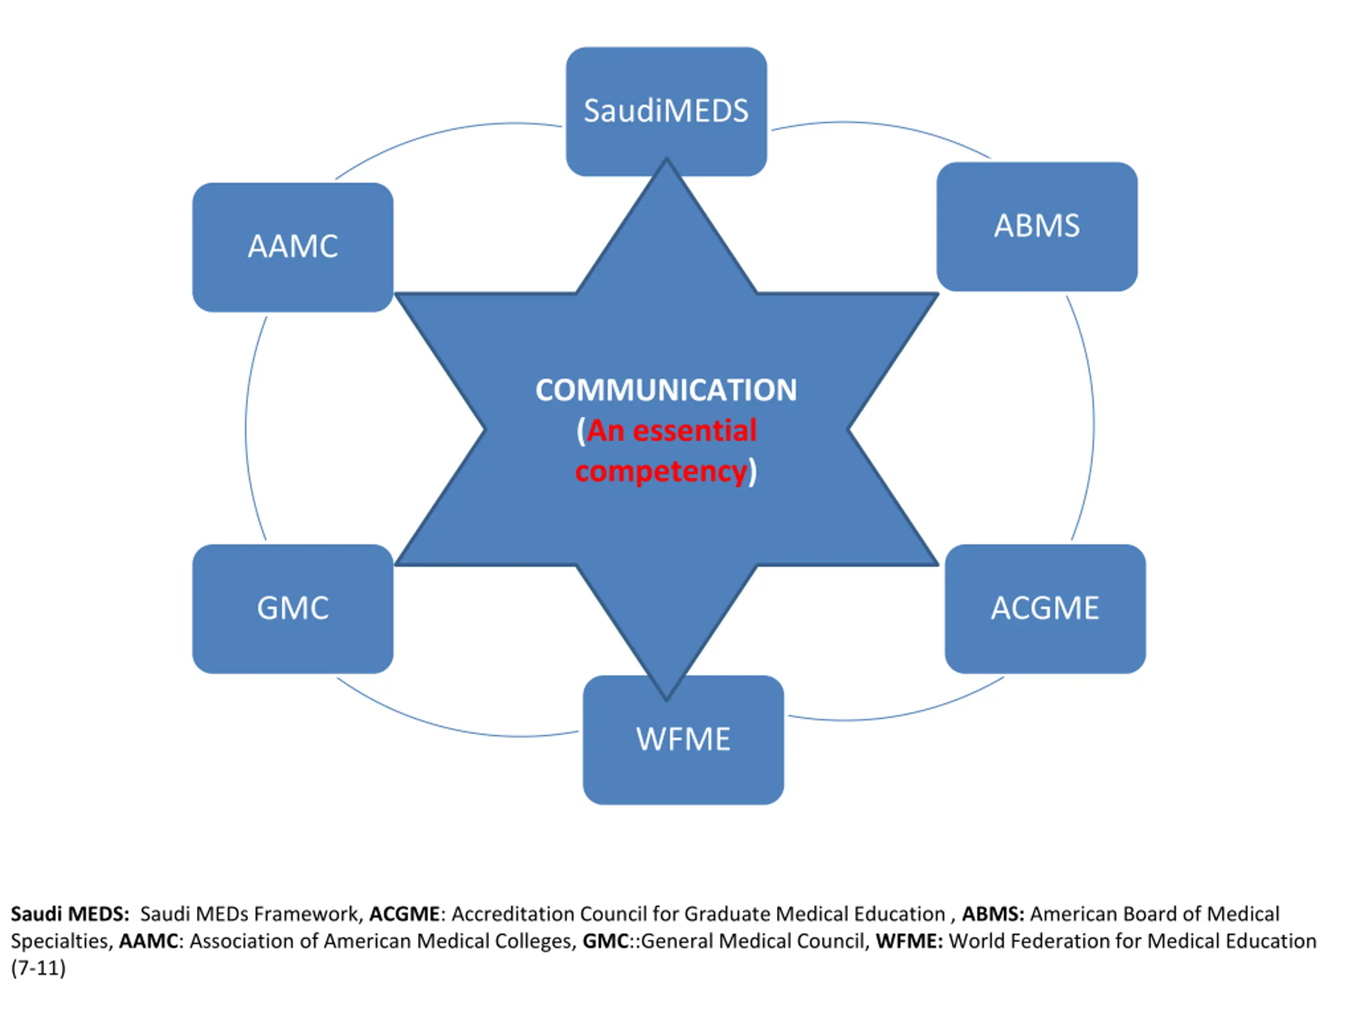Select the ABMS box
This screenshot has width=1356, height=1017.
(1037, 226)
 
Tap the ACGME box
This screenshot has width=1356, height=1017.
(1045, 609)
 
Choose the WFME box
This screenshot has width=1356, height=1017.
(683, 740)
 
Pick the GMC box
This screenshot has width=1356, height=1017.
(293, 609)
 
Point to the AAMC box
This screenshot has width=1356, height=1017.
(293, 247)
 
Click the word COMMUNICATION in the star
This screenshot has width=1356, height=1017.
(666, 390)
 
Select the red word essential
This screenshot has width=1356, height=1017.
(694, 430)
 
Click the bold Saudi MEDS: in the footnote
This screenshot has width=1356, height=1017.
(70, 914)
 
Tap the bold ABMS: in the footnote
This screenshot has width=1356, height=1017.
(993, 914)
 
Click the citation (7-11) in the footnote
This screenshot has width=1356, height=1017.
(38, 969)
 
